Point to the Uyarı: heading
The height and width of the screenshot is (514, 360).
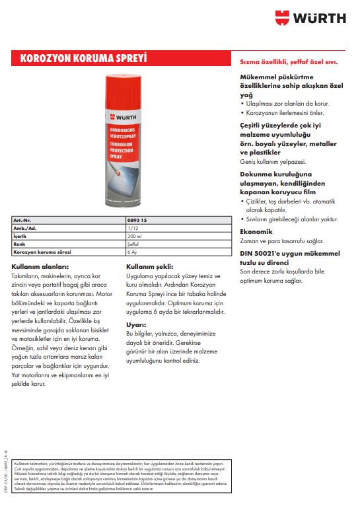click(x=135, y=324)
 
